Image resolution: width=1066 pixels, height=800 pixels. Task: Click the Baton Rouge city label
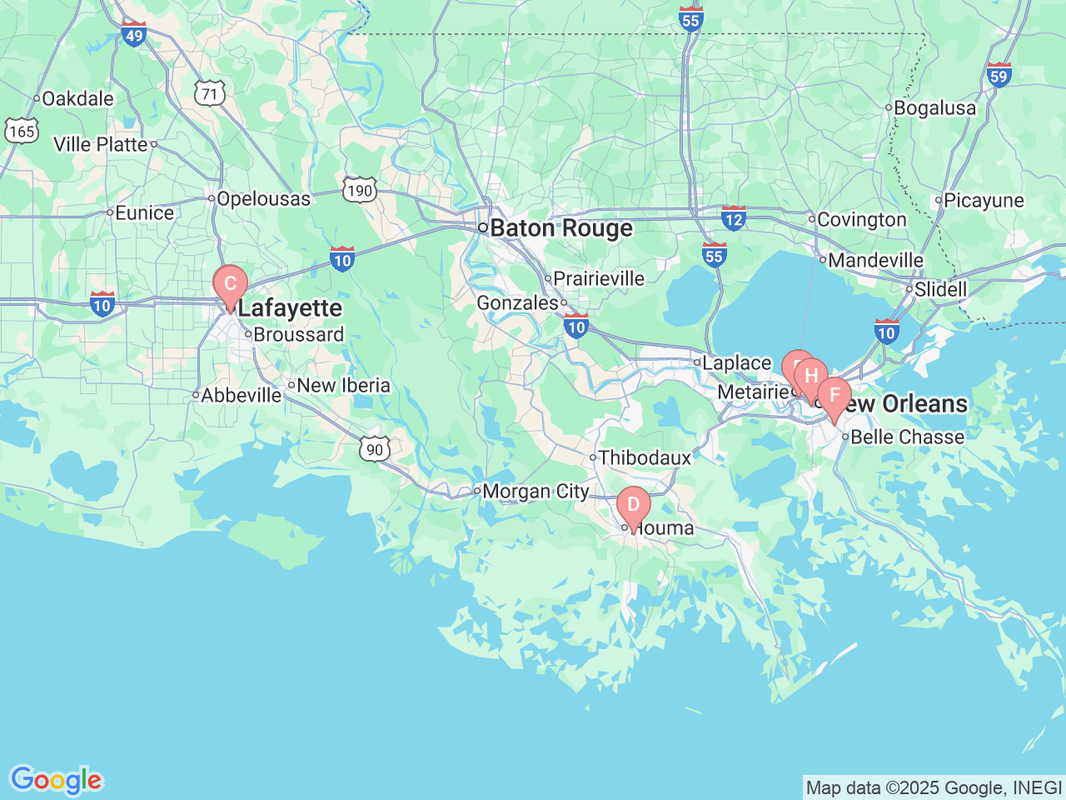[560, 227]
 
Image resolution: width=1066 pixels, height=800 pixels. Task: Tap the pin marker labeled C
[230, 284]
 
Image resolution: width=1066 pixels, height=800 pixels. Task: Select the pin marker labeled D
[633, 505]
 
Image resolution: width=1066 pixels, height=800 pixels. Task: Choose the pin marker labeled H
[811, 377]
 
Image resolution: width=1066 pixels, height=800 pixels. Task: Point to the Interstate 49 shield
[133, 34]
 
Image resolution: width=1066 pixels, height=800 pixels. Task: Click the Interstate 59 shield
[999, 75]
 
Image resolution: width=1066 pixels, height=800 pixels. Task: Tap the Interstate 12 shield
[733, 218]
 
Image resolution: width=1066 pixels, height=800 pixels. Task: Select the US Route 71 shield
[210, 93]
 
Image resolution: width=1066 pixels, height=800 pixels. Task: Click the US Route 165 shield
[21, 131]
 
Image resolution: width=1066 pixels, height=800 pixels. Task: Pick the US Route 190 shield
[360, 190]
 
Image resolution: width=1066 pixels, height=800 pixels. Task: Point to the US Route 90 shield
[375, 449]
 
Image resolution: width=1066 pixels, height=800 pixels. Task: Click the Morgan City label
[535, 492]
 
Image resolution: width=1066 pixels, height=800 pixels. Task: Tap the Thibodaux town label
[645, 457]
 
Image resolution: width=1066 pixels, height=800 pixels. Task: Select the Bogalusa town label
[934, 107]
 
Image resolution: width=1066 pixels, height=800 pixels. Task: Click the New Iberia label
[343, 385]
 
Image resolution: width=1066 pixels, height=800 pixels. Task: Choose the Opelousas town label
[263, 199]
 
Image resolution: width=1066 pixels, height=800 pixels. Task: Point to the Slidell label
[940, 289]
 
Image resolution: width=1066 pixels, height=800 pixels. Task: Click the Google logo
[56, 780]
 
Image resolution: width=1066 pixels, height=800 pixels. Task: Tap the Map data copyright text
[934, 787]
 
